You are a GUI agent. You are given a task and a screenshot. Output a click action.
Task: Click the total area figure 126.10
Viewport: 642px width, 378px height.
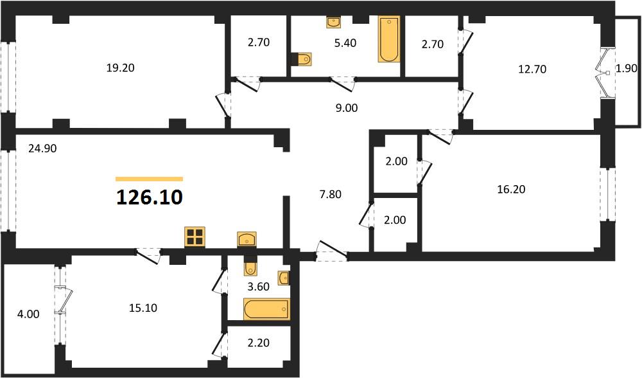point(150,197)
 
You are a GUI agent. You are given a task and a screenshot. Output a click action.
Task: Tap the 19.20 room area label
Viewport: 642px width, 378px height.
point(121,67)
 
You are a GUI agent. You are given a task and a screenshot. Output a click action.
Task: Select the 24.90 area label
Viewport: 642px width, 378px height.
point(42,148)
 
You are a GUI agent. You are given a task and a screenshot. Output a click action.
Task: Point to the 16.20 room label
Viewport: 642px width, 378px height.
point(511,190)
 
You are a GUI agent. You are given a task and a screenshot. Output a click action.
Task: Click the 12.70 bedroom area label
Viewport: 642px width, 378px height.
point(532,69)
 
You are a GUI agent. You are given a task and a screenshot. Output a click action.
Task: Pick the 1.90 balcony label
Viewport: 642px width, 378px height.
point(627,69)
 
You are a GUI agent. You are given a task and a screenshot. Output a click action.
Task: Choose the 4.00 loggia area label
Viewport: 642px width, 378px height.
point(29,314)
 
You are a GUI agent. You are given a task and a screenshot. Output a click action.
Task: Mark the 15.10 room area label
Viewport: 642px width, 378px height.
point(143,308)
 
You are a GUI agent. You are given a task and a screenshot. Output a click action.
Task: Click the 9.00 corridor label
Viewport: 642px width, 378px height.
point(347,108)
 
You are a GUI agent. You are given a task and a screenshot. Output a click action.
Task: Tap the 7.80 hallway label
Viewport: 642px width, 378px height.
point(331,194)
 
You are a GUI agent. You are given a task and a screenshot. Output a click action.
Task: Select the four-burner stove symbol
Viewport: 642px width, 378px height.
point(195,237)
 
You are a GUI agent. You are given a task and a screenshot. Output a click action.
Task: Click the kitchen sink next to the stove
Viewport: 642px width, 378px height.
point(247,239)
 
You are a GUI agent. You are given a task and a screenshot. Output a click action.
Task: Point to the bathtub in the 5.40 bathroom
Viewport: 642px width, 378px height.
point(389,39)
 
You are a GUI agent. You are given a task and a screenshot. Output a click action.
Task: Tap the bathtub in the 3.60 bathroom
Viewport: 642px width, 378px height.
point(266,309)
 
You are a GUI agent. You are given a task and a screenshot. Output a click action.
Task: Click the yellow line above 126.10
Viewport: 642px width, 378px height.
point(150,179)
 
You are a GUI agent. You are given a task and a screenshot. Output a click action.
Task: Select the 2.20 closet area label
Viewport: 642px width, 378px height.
point(259,343)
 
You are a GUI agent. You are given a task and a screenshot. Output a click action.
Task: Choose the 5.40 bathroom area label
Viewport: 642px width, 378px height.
point(345,43)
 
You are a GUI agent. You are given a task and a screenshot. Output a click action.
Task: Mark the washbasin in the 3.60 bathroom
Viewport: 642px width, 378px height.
point(284,278)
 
